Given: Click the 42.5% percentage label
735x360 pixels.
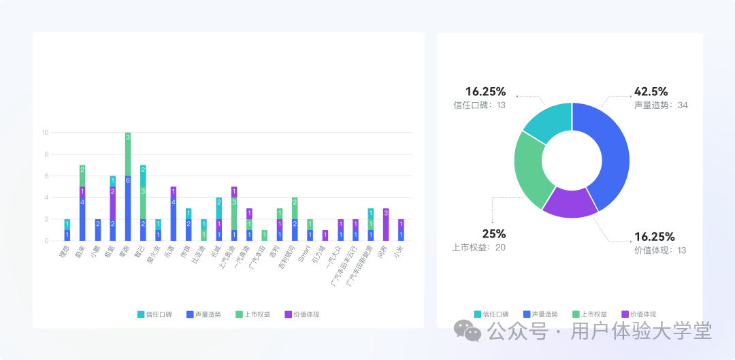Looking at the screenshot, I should coord(651,92).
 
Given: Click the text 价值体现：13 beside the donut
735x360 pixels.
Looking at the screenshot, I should coord(660,250).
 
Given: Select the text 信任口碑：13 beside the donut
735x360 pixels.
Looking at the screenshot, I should coord(480,105).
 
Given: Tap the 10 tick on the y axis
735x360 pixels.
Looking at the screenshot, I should coord(45,132).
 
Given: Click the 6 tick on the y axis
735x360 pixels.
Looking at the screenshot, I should coord(46,176).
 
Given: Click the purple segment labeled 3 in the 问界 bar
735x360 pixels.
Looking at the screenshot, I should coord(386,225).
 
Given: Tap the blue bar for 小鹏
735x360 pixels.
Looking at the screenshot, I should coord(97,230).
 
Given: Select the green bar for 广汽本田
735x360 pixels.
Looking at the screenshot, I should coord(264,235).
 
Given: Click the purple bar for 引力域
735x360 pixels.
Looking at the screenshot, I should coord(325,235).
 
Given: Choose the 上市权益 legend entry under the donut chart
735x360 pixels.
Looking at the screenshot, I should coord(591,314).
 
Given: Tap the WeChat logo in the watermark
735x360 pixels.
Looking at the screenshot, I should coord(468,331).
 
